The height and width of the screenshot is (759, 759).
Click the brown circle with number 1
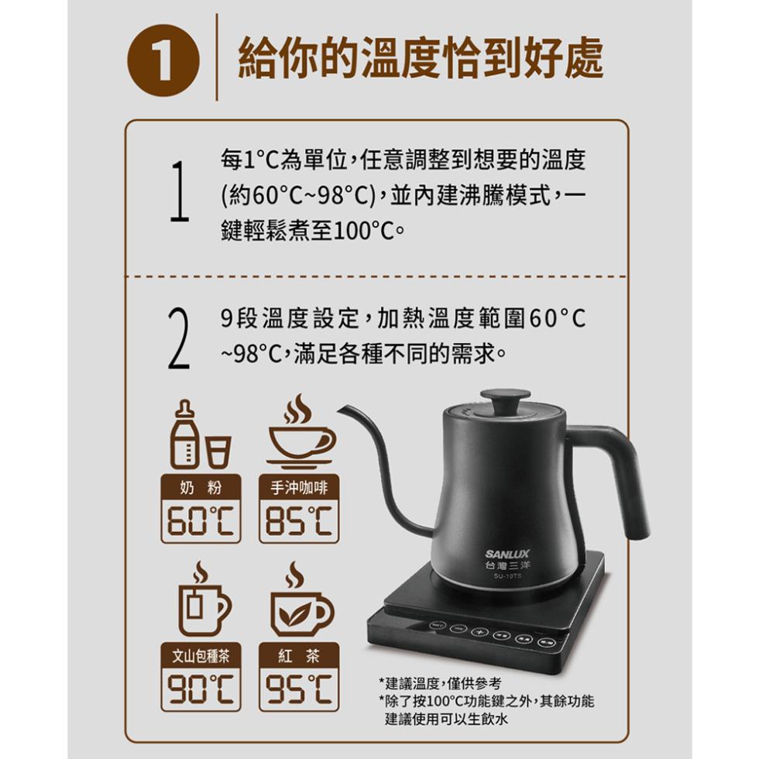click(x=163, y=60)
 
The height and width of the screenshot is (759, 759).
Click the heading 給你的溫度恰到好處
click(x=421, y=58)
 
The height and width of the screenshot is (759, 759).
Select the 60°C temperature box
click(x=201, y=520)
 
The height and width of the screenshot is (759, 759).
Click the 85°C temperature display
click(x=299, y=520)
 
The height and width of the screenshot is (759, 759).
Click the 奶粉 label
click(x=201, y=487)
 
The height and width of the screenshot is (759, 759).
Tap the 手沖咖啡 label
click(x=299, y=487)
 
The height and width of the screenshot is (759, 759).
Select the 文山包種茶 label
click(x=201, y=656)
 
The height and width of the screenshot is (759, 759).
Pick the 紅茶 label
click(x=299, y=656)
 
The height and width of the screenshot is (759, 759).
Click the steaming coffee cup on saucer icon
click(x=301, y=432)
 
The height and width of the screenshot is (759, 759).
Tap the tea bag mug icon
click(x=204, y=599)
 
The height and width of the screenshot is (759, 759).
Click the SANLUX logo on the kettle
click(x=507, y=554)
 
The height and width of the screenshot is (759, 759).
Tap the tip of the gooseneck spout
click(x=340, y=409)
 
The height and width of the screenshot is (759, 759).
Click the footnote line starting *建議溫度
click(x=441, y=683)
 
